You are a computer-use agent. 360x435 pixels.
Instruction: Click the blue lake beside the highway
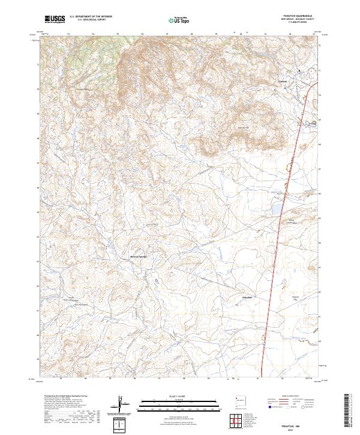277,209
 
